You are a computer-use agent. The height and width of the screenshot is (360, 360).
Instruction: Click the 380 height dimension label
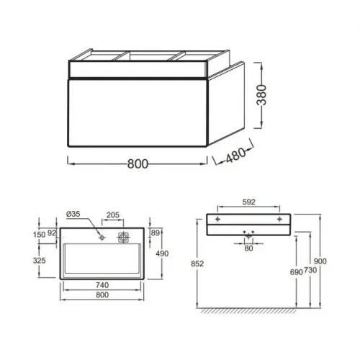pyautogui.click(x=261, y=95)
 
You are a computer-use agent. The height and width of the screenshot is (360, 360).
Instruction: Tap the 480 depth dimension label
pyautogui.click(x=236, y=155)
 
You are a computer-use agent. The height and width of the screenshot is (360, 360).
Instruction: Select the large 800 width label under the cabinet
pyautogui.click(x=138, y=164)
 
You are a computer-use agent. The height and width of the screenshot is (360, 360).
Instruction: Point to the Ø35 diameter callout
pyautogui.click(x=73, y=214)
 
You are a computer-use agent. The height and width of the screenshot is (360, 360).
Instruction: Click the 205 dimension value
pyautogui.click(x=113, y=215)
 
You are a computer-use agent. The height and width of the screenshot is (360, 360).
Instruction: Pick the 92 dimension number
pyautogui.click(x=52, y=233)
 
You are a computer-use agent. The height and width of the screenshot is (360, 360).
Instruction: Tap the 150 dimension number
pyautogui.click(x=39, y=235)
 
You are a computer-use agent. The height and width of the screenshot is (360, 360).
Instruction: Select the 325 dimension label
pyautogui.click(x=39, y=261)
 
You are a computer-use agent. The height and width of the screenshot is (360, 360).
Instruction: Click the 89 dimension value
pyautogui.click(x=156, y=233)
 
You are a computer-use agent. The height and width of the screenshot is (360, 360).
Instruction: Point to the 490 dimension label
pyautogui.click(x=162, y=253)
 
